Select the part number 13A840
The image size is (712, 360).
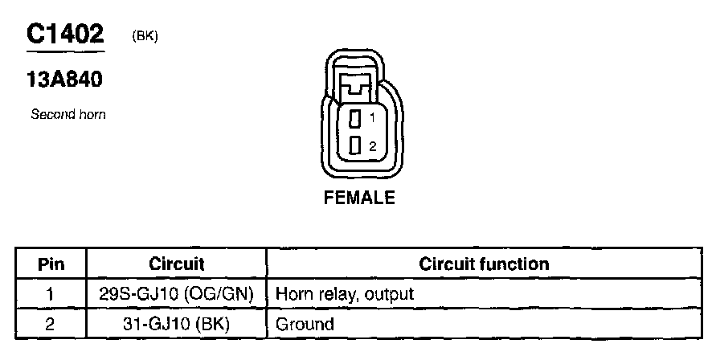point(65,80)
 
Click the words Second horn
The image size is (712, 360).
point(68,115)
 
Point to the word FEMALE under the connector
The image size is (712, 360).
point(359,198)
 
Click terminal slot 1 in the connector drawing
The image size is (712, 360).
point(354,119)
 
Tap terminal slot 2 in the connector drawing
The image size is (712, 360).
point(354,146)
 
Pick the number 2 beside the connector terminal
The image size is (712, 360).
point(372,146)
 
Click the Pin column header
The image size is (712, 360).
point(51,264)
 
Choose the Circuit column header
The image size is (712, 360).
point(177,264)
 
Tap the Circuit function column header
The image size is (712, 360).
point(484,264)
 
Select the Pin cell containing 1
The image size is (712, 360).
point(51,294)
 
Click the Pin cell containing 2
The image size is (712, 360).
point(51,325)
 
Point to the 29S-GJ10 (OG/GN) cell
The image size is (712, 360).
point(177,294)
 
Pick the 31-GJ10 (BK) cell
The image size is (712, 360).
point(177,325)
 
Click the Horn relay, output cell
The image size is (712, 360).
point(345,294)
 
